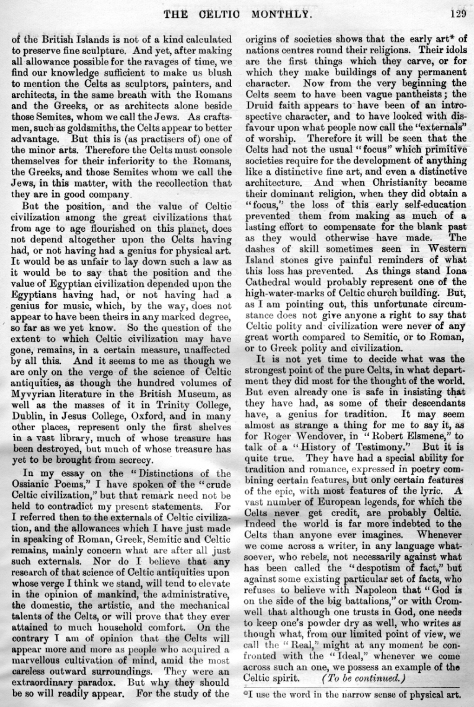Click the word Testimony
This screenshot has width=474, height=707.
tap(362, 426)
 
